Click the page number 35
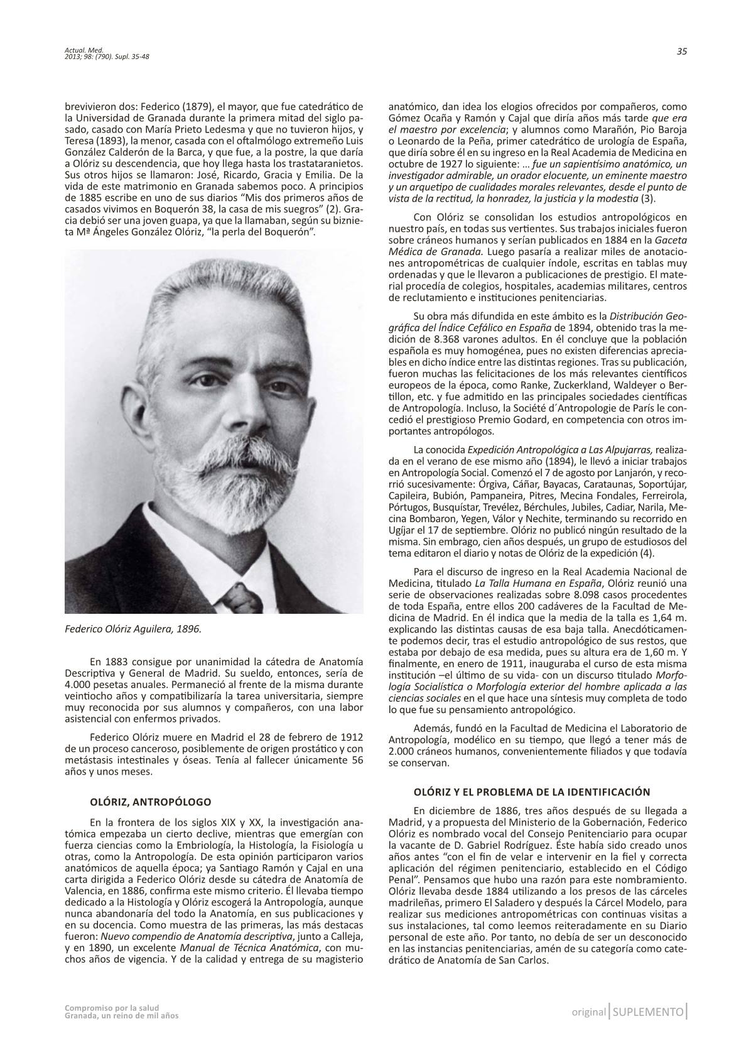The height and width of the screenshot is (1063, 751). [x=681, y=52]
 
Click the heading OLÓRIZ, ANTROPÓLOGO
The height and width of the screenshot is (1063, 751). [x=150, y=802]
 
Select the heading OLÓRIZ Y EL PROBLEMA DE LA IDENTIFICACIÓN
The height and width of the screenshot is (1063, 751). [x=532, y=791]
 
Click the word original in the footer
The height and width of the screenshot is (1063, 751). [x=588, y=1012]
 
